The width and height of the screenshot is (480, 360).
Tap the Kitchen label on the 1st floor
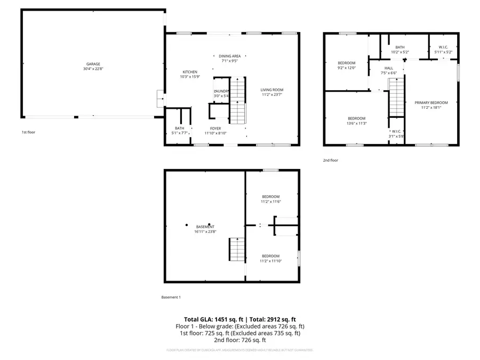click(190, 72)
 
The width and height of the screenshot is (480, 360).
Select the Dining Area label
click(230, 56)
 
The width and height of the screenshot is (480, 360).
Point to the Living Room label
click(271, 90)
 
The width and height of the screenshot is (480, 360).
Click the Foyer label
click(215, 129)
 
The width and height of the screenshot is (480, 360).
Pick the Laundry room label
click(221, 91)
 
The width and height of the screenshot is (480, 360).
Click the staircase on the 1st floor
click(238, 101)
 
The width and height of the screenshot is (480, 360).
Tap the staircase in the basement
click(237, 250)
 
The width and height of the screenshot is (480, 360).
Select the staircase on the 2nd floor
click(396, 97)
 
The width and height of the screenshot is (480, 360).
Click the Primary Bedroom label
click(431, 102)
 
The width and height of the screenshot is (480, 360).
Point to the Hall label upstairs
click(389, 68)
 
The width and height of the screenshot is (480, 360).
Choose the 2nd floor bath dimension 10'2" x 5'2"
click(399, 52)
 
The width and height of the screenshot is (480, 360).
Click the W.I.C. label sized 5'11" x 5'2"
click(443, 52)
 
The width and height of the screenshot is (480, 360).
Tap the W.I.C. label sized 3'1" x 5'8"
click(396, 136)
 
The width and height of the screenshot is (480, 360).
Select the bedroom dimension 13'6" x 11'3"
click(357, 123)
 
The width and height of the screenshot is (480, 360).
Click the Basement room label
click(205, 227)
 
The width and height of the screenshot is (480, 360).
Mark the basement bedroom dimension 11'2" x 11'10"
click(271, 261)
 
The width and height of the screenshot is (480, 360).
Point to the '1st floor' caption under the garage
click(28, 132)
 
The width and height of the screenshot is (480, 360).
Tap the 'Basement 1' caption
click(171, 297)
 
